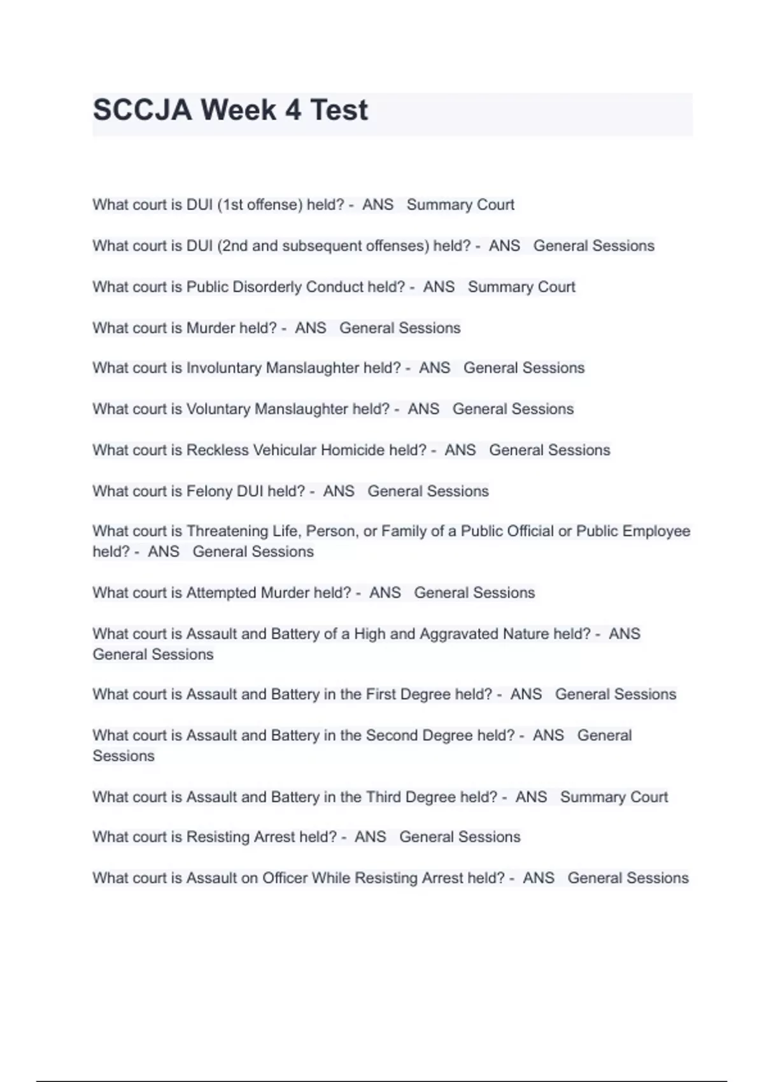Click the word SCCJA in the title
click(x=142, y=110)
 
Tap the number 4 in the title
click(x=292, y=110)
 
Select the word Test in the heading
click(x=339, y=110)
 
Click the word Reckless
click(x=217, y=450)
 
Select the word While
click(x=330, y=878)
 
